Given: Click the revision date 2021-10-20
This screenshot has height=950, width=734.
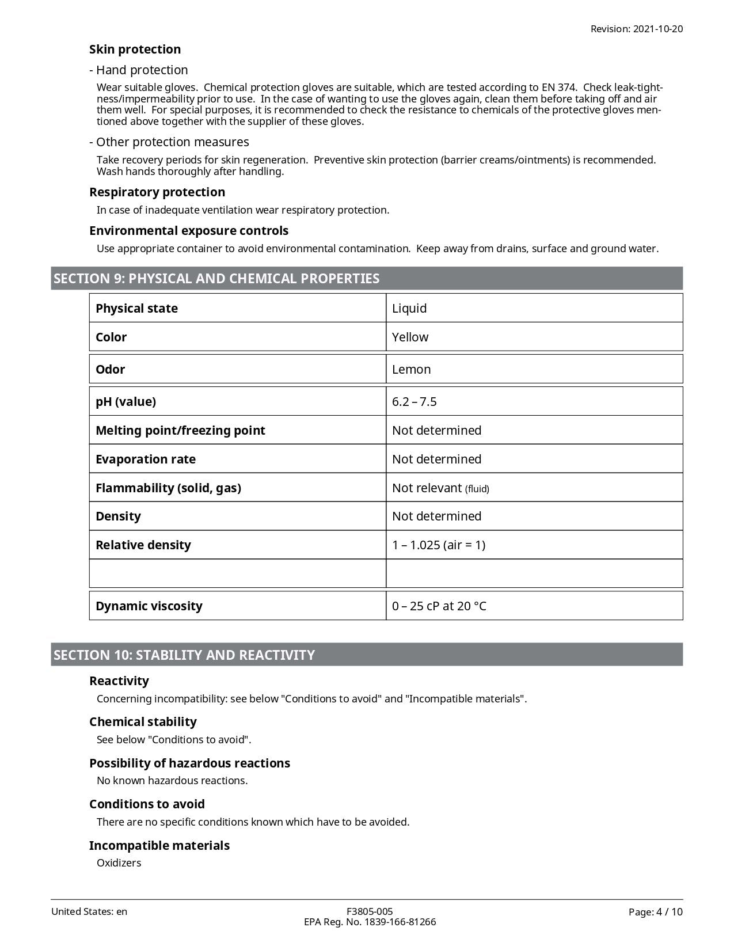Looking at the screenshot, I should [x=657, y=29].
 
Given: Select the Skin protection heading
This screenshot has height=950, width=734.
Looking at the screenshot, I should [x=135, y=50].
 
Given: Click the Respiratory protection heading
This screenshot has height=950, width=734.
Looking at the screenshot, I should [x=157, y=192].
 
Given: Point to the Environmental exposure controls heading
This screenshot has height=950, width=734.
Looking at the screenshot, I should [x=189, y=231].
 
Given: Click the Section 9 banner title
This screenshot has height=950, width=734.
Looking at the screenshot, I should [x=216, y=279].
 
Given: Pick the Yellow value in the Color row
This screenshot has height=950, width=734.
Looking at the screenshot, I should [x=410, y=337].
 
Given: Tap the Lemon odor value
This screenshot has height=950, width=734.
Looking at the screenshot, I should [x=411, y=370].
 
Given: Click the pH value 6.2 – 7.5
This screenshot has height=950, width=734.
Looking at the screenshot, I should [x=414, y=402].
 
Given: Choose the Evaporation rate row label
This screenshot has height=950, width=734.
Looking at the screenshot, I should [x=146, y=459].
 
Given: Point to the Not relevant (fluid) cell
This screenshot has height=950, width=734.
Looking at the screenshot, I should [x=440, y=488].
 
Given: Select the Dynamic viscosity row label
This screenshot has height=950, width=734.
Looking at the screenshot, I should [x=149, y=606].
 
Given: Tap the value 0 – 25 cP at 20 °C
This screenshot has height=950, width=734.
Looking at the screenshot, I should [x=439, y=606].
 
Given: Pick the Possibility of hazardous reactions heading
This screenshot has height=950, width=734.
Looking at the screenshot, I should [x=189, y=763].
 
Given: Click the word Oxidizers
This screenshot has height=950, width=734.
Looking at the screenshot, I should [x=119, y=863].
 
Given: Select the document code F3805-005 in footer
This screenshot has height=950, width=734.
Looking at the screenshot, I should [x=370, y=911].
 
